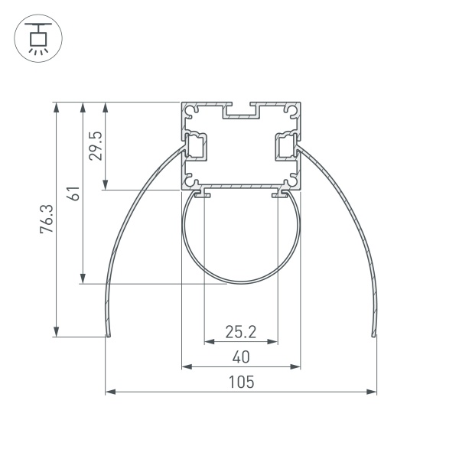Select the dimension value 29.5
[x=96, y=145]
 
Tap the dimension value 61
[x=73, y=193]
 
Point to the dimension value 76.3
[x=47, y=218]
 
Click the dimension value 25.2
[x=240, y=332]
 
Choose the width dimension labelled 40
[x=240, y=356]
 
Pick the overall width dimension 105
[x=240, y=381]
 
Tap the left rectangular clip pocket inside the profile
[x=198, y=145]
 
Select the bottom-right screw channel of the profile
[x=291, y=181]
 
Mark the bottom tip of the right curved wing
[x=373, y=334]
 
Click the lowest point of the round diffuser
[x=240, y=282]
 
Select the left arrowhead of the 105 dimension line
[x=108, y=392]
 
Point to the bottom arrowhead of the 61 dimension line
[x=81, y=280]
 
